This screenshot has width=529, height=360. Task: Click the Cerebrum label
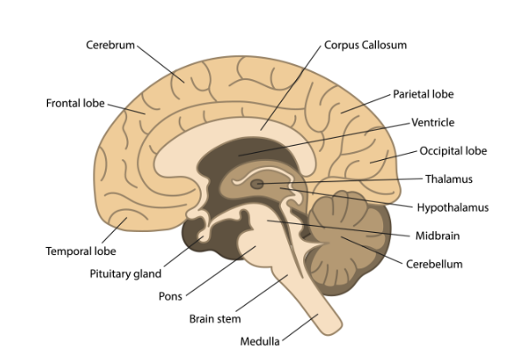110,44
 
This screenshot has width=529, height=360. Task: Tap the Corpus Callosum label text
365,44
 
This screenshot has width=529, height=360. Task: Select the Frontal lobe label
76,103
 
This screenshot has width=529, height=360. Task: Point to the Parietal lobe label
423,94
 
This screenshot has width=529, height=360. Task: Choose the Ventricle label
433,122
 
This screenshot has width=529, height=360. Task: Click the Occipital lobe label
453,151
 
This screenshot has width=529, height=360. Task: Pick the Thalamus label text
449,179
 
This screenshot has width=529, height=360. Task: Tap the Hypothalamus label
453,207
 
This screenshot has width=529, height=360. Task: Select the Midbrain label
437,236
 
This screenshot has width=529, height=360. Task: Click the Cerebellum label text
434,264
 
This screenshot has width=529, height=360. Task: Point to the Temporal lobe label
81,251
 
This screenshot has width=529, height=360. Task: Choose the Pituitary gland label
125,274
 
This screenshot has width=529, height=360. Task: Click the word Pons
171,296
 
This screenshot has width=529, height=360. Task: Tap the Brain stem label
215,318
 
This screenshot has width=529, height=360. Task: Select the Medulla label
260,341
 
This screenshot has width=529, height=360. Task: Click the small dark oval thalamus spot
257,184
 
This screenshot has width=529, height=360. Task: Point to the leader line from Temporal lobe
115,230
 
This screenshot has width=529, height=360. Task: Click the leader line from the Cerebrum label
161,64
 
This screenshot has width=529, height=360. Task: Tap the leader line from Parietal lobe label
365,104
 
